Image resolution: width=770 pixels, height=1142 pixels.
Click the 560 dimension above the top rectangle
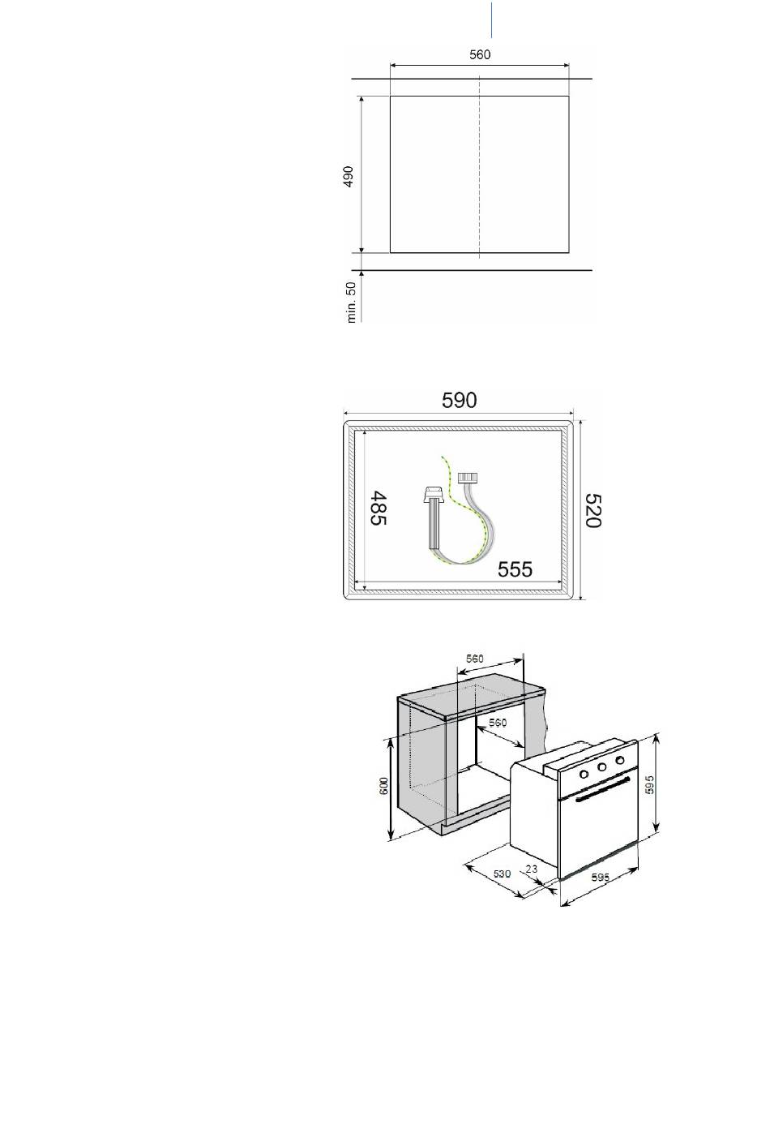[480, 54]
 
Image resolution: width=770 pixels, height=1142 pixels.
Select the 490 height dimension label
[349, 176]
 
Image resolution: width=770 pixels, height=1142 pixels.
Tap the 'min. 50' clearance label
[351, 303]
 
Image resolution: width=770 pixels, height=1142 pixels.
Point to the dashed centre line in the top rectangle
[480, 167]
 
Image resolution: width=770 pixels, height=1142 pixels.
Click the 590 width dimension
[459, 400]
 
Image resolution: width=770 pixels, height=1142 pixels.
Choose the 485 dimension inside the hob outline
[379, 508]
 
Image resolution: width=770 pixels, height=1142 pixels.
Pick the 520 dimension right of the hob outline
[593, 510]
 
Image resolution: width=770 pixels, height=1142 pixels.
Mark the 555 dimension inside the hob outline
[515, 569]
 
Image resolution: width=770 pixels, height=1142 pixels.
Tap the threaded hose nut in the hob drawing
[468, 478]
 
